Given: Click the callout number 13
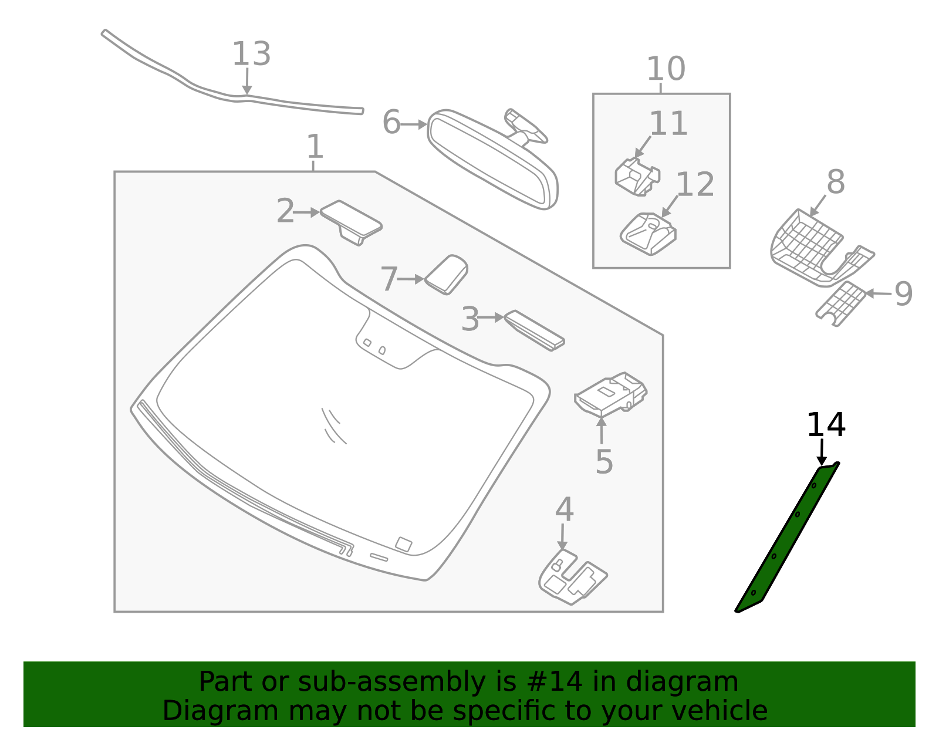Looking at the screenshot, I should point(251,55).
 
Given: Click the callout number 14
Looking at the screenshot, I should point(826,425).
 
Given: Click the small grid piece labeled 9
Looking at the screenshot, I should point(842,303).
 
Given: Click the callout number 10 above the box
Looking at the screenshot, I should point(666,69).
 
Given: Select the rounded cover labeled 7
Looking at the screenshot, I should point(447,274).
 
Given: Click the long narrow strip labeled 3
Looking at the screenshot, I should point(534,330).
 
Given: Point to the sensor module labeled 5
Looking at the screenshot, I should point(610,394).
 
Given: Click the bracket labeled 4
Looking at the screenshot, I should point(572,578).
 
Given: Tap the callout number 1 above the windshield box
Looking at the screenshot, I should point(315,147).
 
